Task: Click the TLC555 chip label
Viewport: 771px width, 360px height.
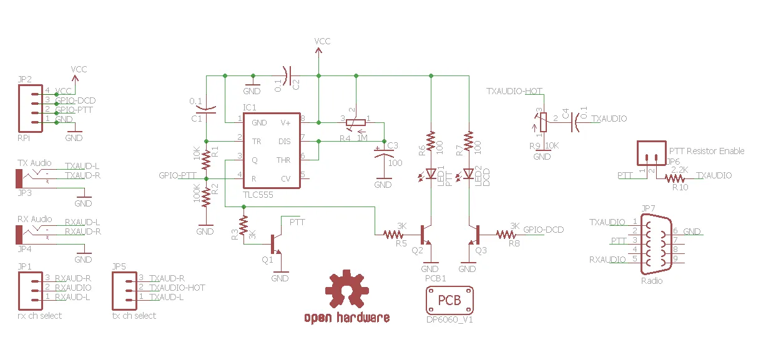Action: [257, 195]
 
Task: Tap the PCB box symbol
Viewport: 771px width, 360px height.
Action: [449, 301]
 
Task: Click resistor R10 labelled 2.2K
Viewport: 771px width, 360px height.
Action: [675, 179]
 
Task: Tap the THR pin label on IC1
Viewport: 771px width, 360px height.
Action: [283, 160]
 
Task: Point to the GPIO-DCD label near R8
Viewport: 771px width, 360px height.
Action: [543, 230]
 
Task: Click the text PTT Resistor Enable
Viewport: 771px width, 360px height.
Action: [706, 151]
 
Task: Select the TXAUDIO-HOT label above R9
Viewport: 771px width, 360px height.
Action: [514, 91]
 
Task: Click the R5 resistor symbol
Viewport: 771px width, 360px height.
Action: [393, 235]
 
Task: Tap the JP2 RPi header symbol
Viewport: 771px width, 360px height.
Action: [32, 109]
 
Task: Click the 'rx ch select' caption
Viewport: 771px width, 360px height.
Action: [40, 316]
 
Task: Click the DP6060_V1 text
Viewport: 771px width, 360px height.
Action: [449, 319]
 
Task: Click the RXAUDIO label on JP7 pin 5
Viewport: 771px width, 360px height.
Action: [607, 260]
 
